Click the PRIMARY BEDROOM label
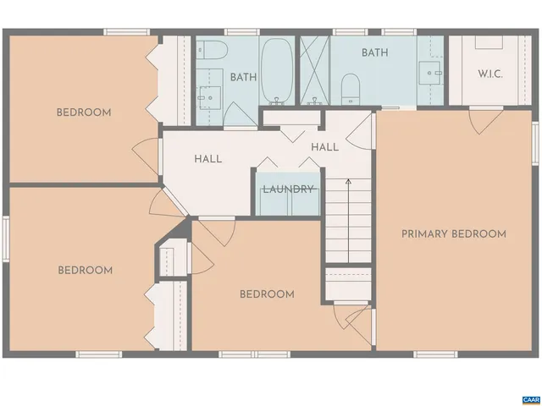[454, 233]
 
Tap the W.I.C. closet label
[489, 74]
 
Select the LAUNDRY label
[288, 189]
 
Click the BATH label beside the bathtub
[243, 77]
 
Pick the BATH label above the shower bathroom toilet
[374, 52]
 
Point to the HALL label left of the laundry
[207, 158]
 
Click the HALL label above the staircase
[324, 146]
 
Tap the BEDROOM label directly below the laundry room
[267, 294]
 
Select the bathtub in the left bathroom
[275, 70]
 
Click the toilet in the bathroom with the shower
[349, 87]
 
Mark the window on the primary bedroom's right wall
[535, 143]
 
